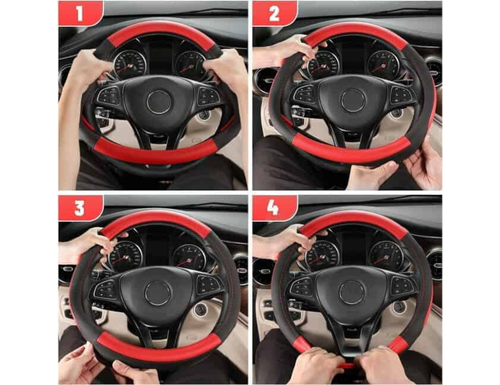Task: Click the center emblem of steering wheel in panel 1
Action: pyautogui.click(x=157, y=102)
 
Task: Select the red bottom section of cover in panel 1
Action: pyautogui.click(x=156, y=151)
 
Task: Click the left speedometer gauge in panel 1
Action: pyautogui.click(x=130, y=64)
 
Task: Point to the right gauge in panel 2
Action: pyautogui.click(x=383, y=63)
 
